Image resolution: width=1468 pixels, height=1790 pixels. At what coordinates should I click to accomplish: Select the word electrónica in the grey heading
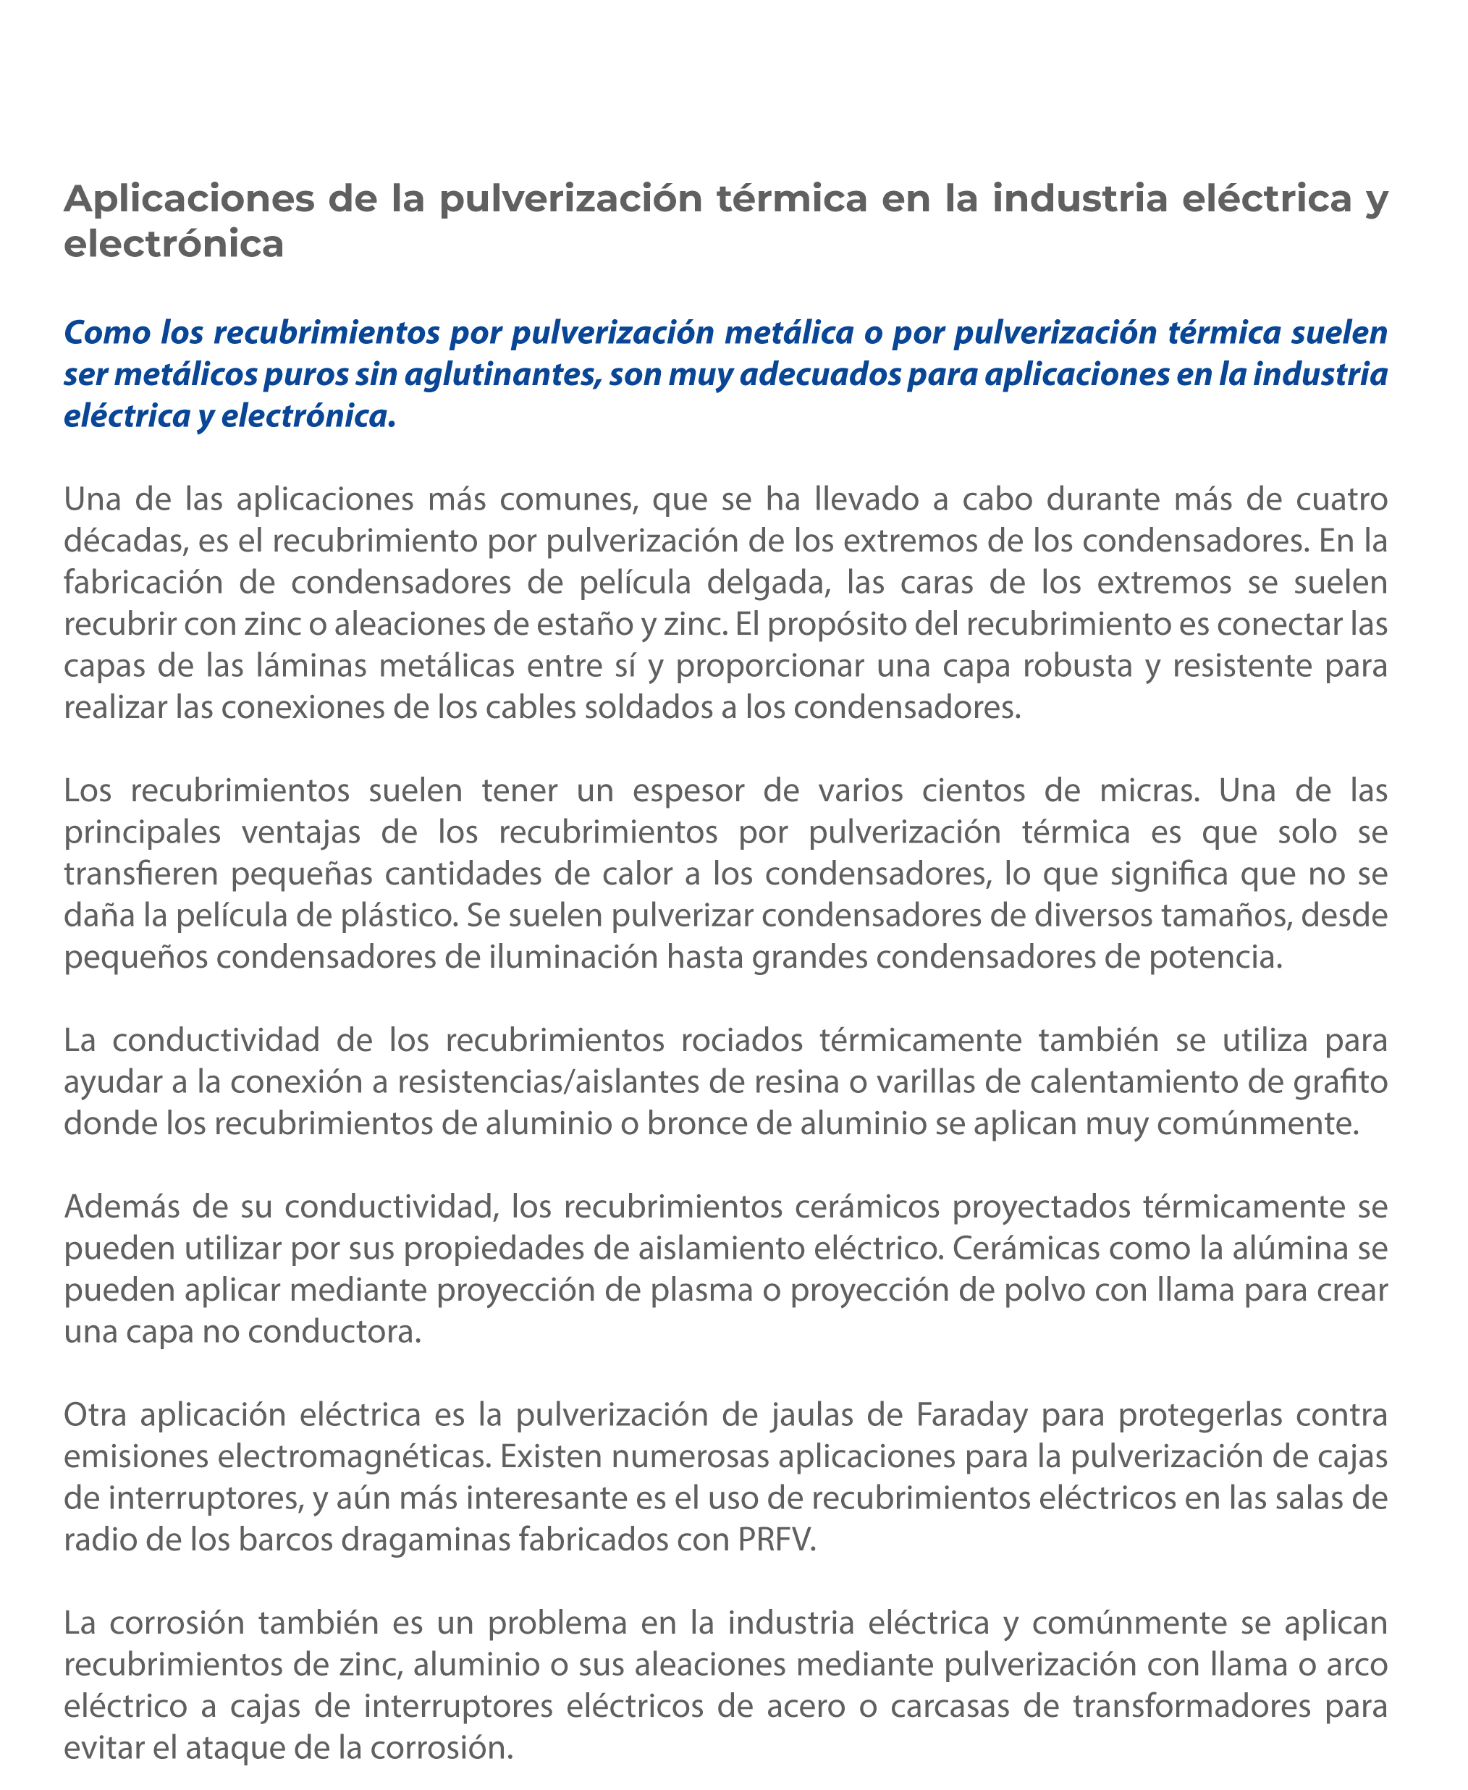(173, 245)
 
